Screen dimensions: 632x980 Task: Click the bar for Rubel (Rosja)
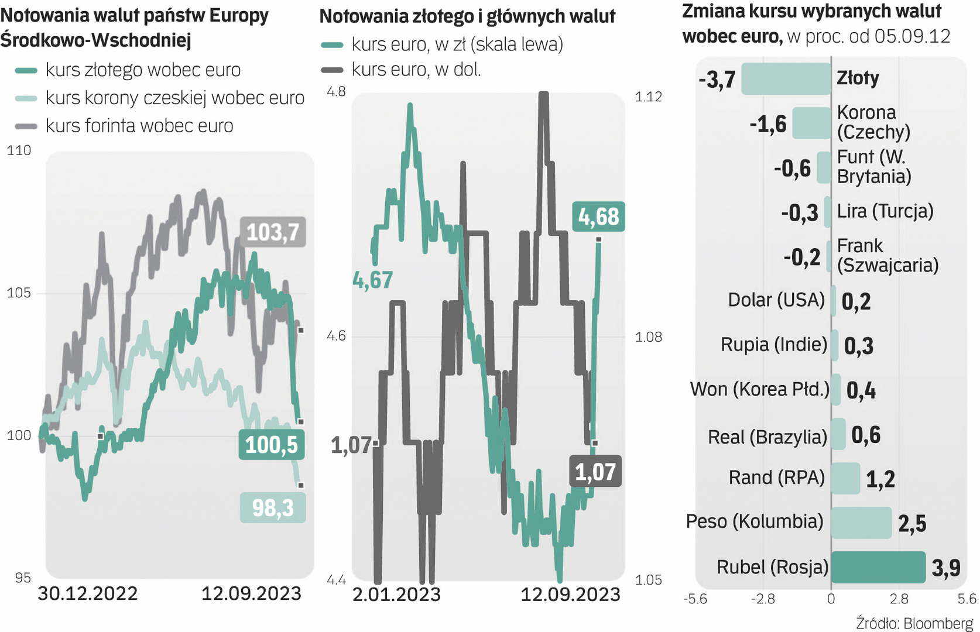(878, 567)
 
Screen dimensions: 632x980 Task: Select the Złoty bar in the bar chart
(786, 78)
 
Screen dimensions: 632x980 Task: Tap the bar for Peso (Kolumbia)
(861, 523)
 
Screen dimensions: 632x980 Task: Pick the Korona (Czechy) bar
(811, 123)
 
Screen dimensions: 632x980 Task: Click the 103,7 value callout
(273, 232)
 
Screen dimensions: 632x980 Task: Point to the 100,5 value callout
(271, 445)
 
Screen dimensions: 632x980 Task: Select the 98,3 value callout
(273, 507)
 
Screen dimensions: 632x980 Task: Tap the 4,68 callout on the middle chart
(598, 217)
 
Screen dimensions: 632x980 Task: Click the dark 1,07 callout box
(595, 472)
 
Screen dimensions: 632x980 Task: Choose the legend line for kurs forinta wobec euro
(26, 126)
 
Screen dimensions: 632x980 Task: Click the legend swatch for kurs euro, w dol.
(333, 70)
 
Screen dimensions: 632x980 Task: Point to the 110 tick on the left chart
(19, 150)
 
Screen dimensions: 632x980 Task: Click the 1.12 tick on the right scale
(649, 97)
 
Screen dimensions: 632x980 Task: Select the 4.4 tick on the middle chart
(336, 580)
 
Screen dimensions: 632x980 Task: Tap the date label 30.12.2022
(88, 593)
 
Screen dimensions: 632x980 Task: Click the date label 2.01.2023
(396, 595)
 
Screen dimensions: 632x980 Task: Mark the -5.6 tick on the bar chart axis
(695, 599)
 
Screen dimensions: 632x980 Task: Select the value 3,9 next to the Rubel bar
(946, 568)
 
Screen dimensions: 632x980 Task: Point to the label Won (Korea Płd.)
(759, 389)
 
